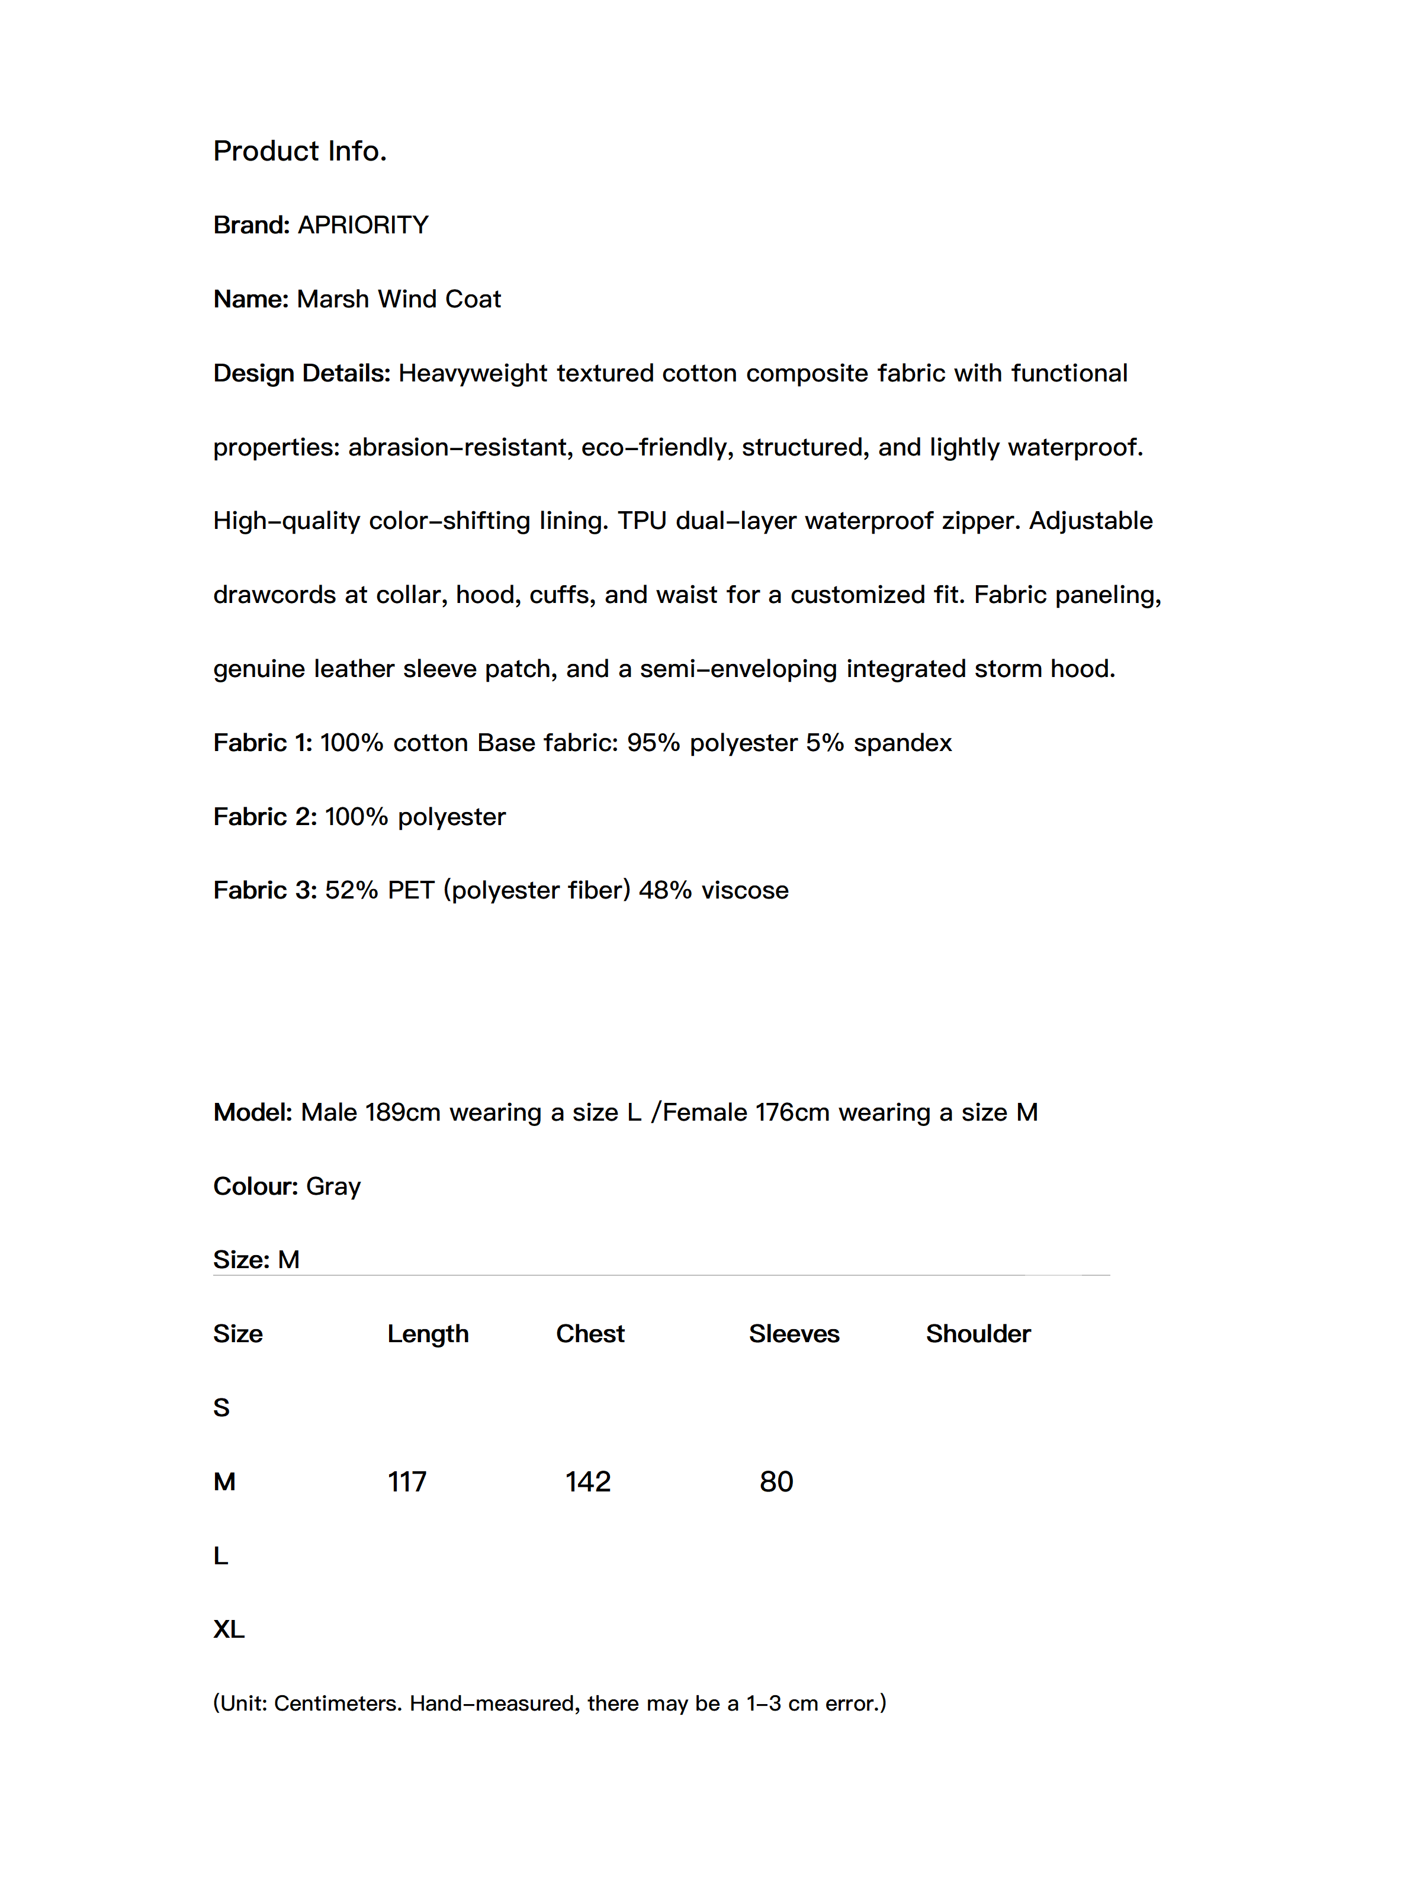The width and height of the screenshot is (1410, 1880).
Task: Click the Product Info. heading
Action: point(299,151)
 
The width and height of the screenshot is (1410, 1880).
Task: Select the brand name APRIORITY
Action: point(363,225)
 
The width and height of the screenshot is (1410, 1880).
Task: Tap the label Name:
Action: point(250,299)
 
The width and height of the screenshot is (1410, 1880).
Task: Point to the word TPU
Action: point(642,521)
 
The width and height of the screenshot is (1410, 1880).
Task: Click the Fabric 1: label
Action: point(262,743)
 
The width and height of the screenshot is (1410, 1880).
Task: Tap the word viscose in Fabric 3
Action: point(744,891)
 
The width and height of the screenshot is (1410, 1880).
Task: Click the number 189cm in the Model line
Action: point(402,1112)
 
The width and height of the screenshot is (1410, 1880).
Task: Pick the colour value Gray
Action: point(333,1186)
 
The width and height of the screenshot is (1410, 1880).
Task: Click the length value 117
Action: point(407,1482)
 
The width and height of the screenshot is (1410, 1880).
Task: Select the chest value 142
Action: point(588,1482)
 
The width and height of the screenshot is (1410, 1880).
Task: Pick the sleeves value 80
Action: point(776,1482)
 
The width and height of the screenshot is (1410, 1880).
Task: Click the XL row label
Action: point(229,1629)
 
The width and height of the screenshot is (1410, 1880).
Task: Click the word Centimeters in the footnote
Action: point(338,1703)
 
